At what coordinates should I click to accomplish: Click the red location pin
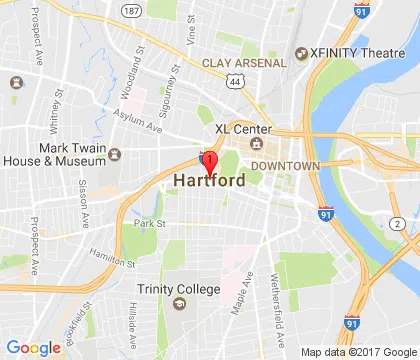point(209,162)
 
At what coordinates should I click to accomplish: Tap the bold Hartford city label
point(211,182)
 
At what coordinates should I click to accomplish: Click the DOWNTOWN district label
point(285,165)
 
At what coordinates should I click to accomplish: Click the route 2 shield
point(396,222)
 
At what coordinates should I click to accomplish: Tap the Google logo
point(33,347)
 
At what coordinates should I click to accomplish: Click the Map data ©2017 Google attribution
point(358,352)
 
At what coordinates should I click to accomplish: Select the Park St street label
point(149,223)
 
